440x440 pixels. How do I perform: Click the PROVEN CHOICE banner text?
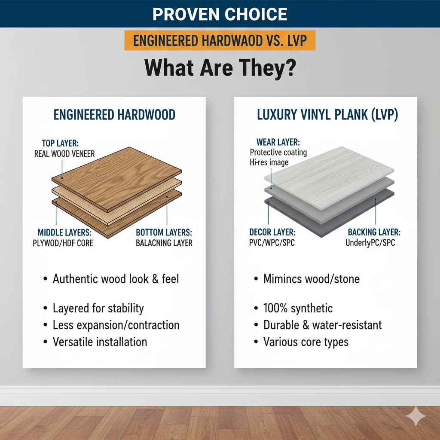point(220,14)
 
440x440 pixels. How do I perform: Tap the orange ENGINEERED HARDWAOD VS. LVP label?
point(220,41)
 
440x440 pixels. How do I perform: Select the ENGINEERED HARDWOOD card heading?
point(114,115)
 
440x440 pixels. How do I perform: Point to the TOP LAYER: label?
point(64,143)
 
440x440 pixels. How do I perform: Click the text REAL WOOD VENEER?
point(64,153)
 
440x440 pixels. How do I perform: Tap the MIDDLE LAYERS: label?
point(62,232)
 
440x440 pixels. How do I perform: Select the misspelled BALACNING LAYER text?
point(164,243)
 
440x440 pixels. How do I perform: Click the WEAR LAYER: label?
point(278,142)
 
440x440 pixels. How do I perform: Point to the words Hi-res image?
point(269,162)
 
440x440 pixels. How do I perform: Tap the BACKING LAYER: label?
point(374,232)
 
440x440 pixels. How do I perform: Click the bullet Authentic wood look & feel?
point(116,279)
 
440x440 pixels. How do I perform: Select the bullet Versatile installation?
point(100,342)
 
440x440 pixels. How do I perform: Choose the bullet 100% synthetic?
point(298,308)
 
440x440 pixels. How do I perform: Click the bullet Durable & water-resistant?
point(322,325)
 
